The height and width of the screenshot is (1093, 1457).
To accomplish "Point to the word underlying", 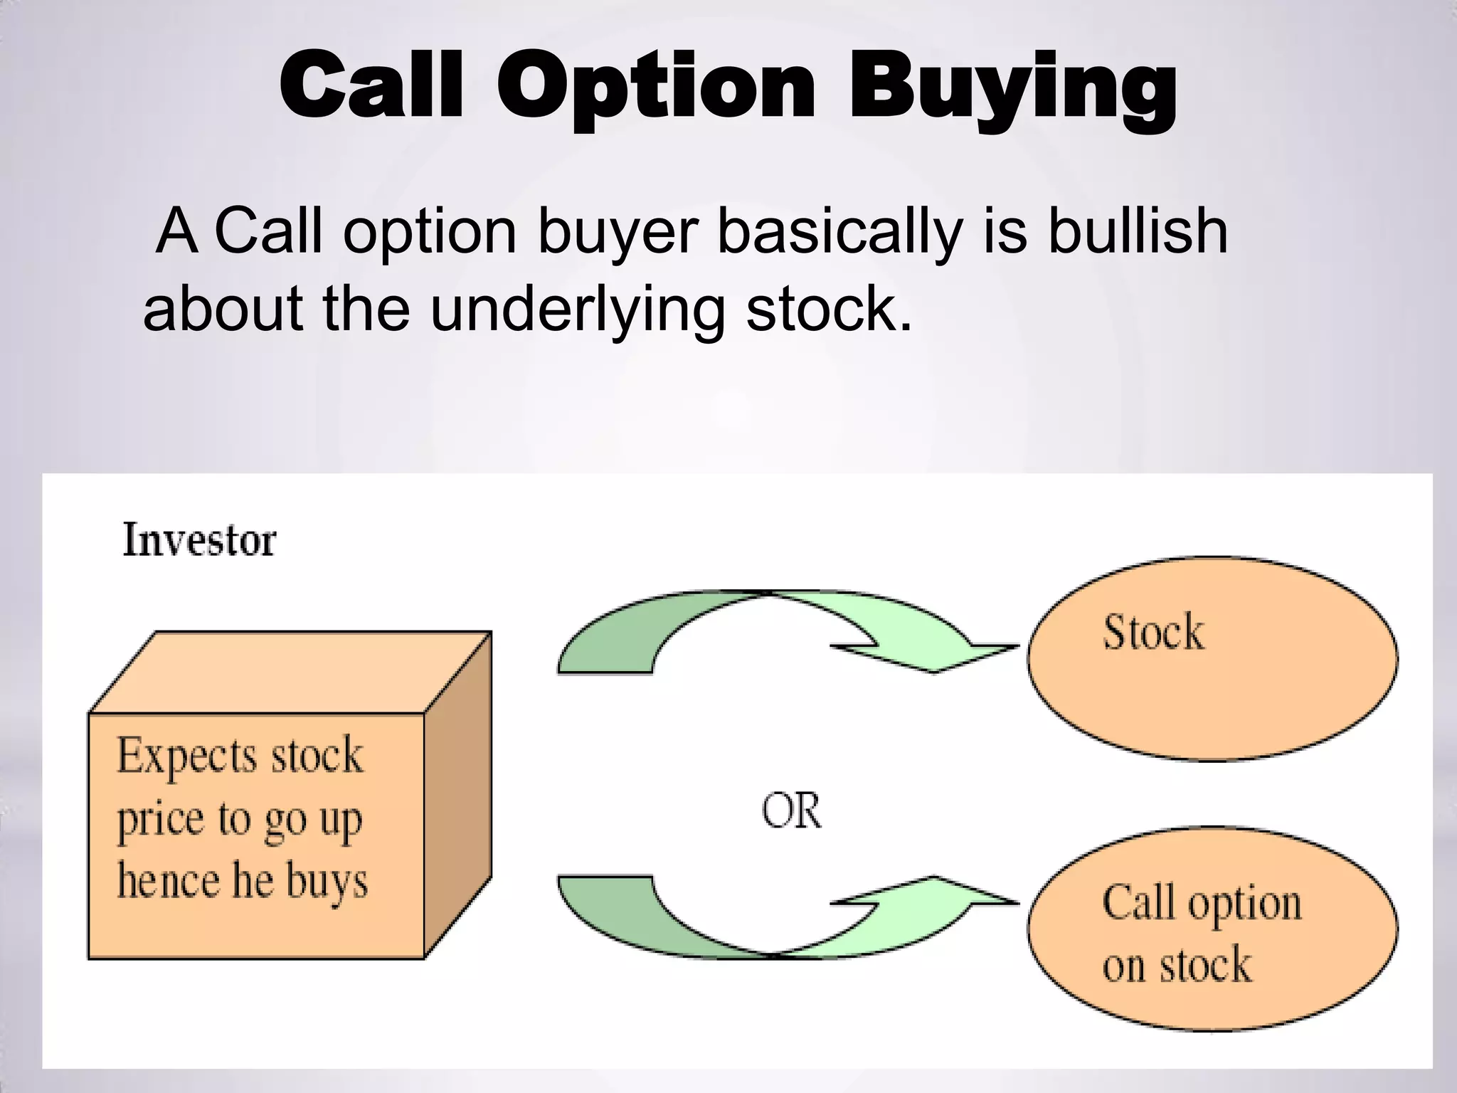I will point(576,311).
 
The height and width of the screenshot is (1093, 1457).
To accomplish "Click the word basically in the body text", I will point(839,231).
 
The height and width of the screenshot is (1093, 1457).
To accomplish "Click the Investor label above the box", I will point(199,540).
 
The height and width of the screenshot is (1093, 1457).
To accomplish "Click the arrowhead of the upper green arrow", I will point(953,651).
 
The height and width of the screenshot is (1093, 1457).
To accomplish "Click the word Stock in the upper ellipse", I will point(1153,631).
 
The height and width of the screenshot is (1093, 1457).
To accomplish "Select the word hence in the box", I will point(168,880).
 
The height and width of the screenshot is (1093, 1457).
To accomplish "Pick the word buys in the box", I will point(327,882).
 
